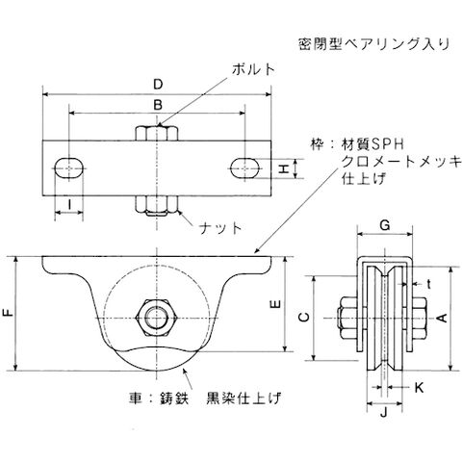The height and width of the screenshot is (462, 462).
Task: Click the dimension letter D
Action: (158, 85)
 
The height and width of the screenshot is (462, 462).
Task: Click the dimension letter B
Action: (158, 105)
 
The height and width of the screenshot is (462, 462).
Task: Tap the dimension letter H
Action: (283, 168)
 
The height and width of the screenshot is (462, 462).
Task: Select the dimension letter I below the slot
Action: (69, 204)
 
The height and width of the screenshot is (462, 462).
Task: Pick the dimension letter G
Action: (385, 225)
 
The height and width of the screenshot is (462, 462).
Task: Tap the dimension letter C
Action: (304, 318)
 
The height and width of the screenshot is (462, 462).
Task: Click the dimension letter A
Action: (443, 318)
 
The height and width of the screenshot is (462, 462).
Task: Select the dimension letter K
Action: (419, 388)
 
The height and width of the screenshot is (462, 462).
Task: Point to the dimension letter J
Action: (384, 412)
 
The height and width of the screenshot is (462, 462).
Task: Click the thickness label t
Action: (428, 284)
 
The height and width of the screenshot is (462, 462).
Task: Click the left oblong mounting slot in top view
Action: (69, 167)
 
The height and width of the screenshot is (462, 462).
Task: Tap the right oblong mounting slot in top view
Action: (245, 167)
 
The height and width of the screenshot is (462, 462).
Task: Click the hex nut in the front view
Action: (157, 318)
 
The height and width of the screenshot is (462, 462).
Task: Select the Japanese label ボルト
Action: (254, 69)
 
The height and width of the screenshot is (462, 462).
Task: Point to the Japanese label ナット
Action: (220, 228)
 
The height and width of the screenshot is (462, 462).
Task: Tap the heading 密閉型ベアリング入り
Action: (374, 44)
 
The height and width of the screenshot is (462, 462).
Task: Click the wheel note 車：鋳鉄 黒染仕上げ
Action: (205, 398)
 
